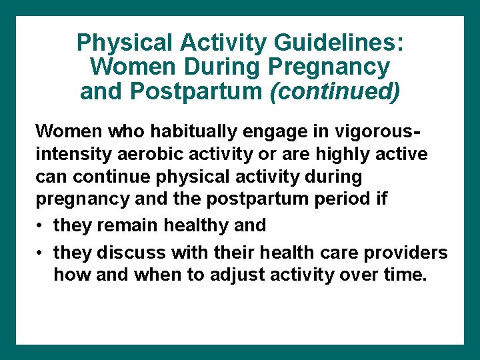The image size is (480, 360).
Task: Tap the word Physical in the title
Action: coord(124,43)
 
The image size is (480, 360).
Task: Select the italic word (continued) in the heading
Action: coord(335,91)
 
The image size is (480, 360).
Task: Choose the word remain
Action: coord(125,225)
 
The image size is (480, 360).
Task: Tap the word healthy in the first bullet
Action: coord(197,225)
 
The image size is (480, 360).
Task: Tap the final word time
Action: coord(405,275)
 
